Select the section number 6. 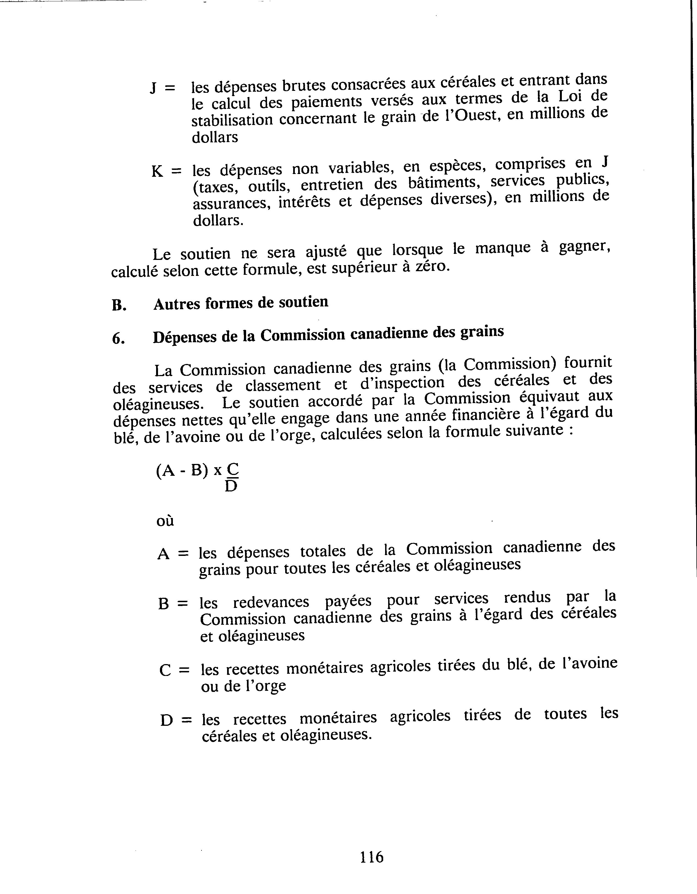pos(118,339)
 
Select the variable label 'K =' pos(166,171)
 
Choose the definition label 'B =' pos(173,603)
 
